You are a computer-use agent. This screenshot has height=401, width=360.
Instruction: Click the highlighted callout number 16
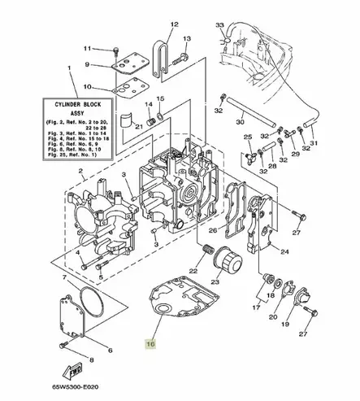pos(150,344)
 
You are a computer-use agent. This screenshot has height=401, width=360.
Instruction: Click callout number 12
pos(172,25)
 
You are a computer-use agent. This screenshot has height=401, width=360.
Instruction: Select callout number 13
pos(188,38)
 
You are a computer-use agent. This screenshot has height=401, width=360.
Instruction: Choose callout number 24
pos(284,252)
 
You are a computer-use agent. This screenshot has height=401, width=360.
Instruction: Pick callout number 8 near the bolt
pos(90,358)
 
